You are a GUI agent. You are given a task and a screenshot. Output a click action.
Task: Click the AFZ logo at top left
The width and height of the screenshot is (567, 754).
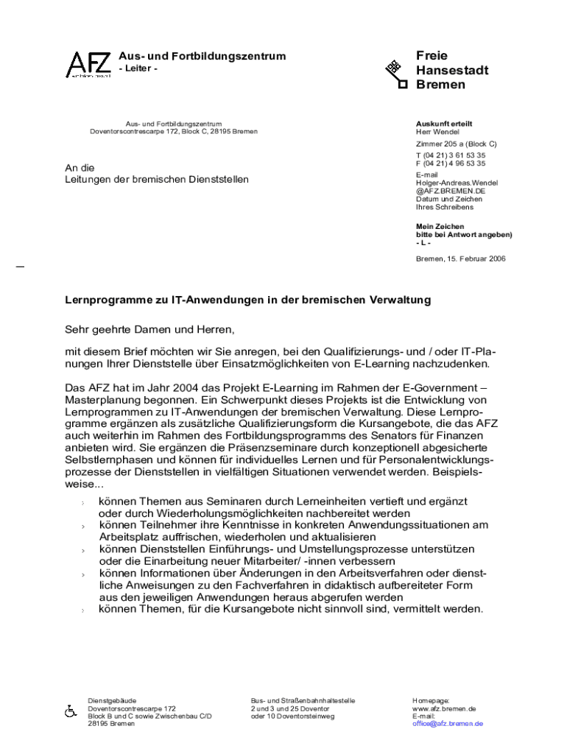[89, 65]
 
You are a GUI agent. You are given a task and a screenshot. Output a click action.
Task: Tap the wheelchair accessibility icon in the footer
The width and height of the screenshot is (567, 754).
[71, 712]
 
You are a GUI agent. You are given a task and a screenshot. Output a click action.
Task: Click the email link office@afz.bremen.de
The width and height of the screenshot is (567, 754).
[447, 724]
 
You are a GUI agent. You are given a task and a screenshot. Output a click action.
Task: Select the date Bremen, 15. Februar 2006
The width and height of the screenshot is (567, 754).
[460, 258]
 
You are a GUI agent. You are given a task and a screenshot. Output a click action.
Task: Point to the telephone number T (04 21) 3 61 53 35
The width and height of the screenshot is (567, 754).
[451, 156]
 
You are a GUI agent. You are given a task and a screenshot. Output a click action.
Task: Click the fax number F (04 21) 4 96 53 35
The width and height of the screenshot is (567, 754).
[451, 164]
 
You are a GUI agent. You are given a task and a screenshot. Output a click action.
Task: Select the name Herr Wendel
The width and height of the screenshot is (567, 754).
[437, 133]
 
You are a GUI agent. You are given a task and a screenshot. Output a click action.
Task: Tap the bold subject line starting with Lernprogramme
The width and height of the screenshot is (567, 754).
[247, 301]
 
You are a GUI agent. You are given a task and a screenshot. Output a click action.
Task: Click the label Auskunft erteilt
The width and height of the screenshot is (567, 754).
[444, 124]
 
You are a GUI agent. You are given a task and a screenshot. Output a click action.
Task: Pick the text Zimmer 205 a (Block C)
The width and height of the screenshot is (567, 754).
[456, 144]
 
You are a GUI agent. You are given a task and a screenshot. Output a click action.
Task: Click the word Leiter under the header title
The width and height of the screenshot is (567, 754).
[138, 69]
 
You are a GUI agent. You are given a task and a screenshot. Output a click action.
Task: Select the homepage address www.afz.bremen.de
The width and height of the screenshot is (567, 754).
[444, 709]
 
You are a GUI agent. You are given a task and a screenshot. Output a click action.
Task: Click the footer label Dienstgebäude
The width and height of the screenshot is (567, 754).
[112, 701]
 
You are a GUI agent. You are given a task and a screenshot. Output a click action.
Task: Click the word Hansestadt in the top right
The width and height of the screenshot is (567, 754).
[451, 70]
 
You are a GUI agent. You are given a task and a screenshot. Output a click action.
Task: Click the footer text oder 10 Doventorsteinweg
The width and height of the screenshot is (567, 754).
[292, 716]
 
